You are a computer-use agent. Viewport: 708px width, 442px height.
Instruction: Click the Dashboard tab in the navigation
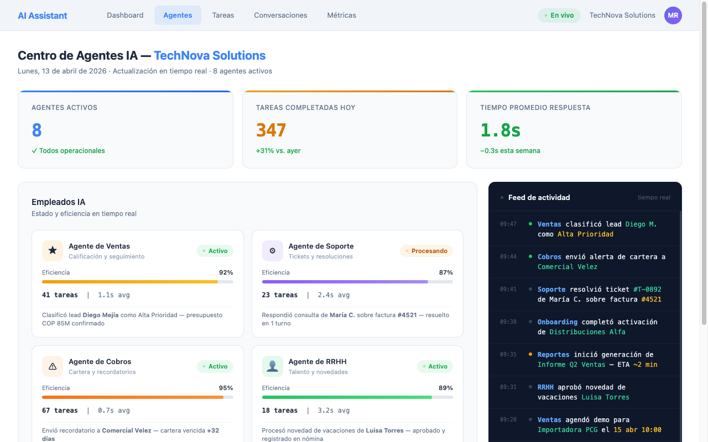(x=125, y=15)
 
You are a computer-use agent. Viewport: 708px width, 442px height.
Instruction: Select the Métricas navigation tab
(x=341, y=15)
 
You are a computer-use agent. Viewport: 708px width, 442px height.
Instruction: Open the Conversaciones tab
(x=280, y=15)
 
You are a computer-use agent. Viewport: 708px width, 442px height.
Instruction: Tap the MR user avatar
(x=673, y=15)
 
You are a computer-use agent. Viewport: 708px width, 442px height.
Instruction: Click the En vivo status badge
(x=559, y=15)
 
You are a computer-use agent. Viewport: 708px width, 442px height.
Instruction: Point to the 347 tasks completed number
(x=271, y=130)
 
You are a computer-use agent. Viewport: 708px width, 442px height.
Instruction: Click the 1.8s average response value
(x=500, y=130)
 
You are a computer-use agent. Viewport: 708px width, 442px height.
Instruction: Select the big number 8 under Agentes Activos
(x=37, y=130)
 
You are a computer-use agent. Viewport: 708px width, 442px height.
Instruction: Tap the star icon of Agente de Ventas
(x=53, y=251)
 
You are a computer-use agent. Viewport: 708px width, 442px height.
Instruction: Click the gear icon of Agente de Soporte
(x=272, y=251)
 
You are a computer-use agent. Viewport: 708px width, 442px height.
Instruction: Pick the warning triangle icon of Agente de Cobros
(x=53, y=366)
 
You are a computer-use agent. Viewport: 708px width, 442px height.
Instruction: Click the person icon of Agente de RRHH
(x=272, y=366)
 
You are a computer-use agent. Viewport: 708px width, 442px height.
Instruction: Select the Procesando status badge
(x=426, y=251)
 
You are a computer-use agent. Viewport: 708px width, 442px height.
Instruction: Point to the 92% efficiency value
(x=226, y=272)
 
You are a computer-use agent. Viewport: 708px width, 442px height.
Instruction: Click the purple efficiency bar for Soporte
(x=345, y=282)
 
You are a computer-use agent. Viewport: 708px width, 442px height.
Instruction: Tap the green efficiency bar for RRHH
(x=347, y=397)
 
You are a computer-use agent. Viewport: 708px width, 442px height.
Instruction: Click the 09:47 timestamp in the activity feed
(x=508, y=224)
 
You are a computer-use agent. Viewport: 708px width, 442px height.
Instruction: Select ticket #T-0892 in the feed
(x=647, y=290)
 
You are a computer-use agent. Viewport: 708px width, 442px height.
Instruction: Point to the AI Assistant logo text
(x=43, y=15)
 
